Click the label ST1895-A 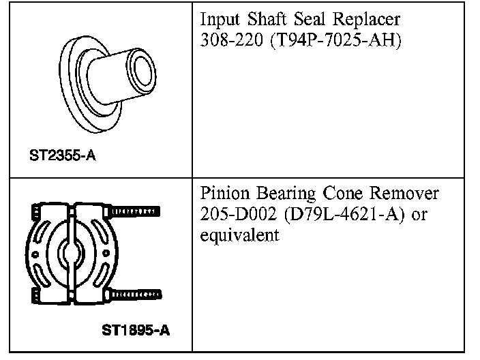pos(136,331)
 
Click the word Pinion pos(225,194)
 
